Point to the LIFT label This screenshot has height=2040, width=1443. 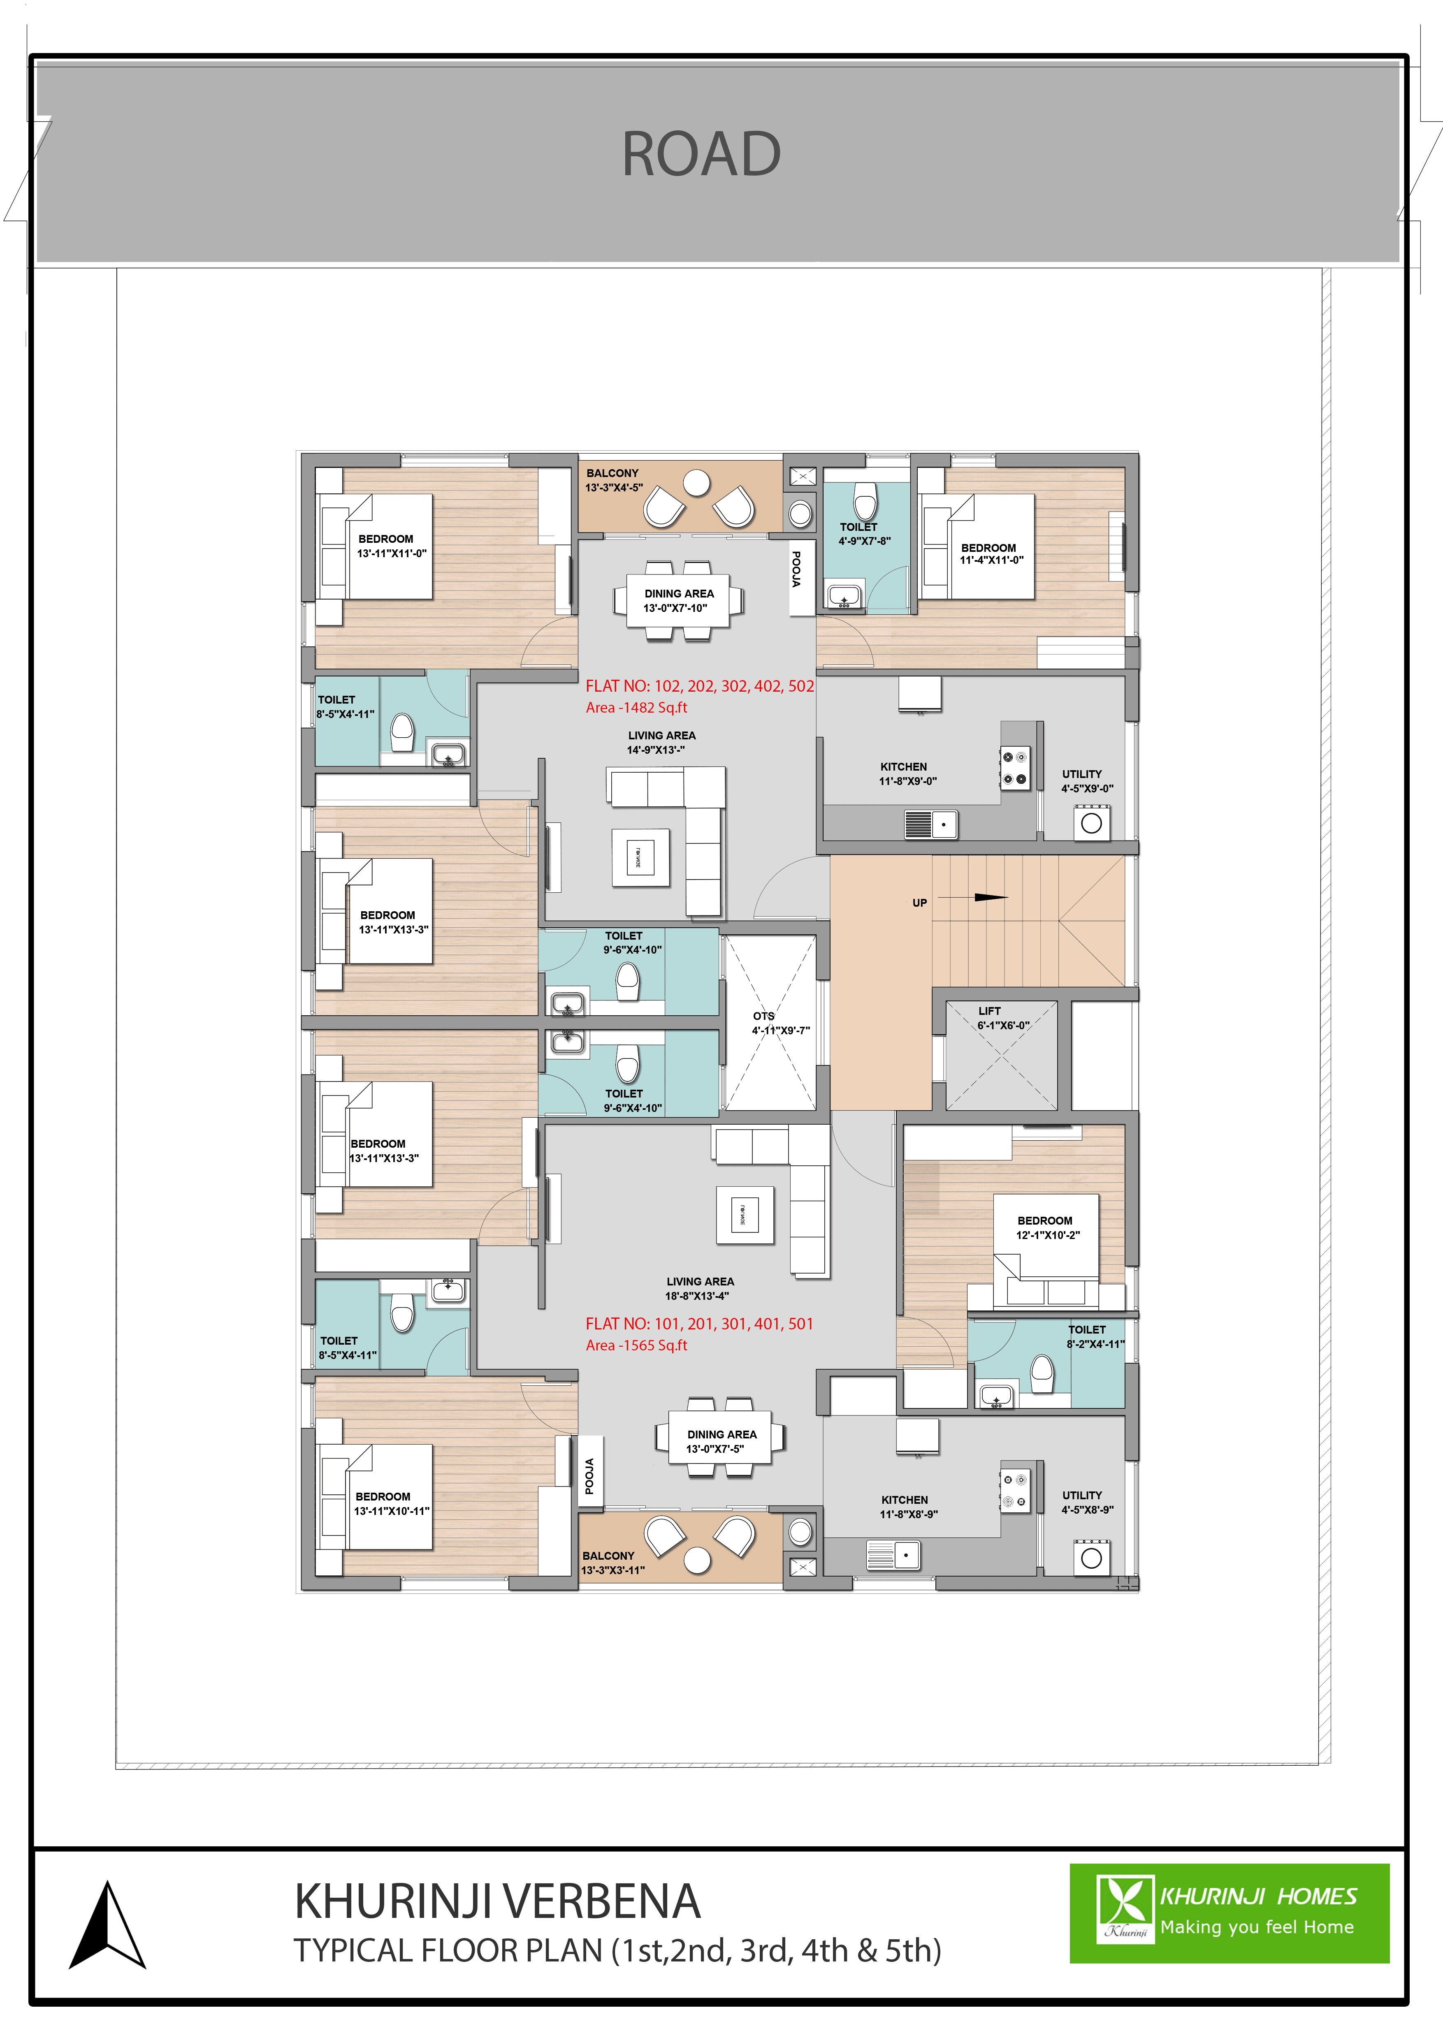[x=989, y=1011]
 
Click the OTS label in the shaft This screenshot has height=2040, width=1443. [x=763, y=1016]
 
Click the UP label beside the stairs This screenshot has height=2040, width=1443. [x=920, y=903]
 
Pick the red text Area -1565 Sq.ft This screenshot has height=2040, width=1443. [x=636, y=1345]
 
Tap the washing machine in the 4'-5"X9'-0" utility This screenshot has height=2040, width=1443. [x=1091, y=823]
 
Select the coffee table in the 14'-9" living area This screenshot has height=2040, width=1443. [x=640, y=857]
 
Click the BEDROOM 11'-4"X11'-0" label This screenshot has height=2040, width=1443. [x=990, y=553]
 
